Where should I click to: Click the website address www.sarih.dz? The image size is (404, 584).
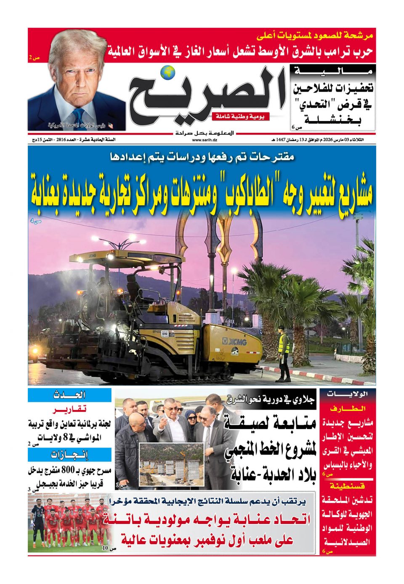click(x=202, y=140)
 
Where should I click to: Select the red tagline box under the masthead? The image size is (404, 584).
click(x=241, y=117)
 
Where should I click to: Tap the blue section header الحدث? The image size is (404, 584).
click(x=70, y=395)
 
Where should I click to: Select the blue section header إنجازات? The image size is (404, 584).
click(x=70, y=455)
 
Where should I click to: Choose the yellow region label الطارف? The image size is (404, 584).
click(x=347, y=408)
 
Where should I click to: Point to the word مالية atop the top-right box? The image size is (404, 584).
click(x=333, y=71)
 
